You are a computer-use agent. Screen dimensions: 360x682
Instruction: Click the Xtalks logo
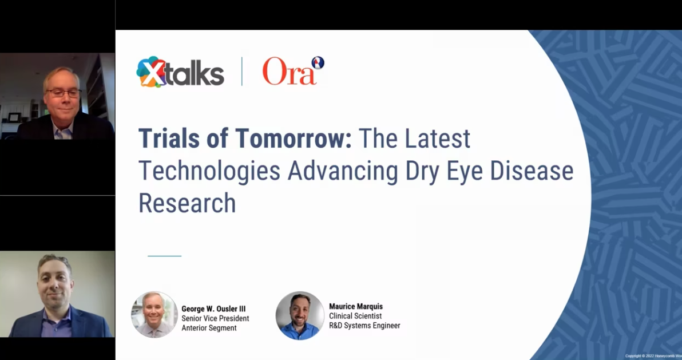[x=180, y=72]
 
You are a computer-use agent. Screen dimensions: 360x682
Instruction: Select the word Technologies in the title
[x=209, y=171]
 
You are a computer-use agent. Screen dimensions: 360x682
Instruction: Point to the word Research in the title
[x=187, y=203]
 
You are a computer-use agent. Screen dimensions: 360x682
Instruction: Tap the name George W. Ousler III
[x=213, y=309]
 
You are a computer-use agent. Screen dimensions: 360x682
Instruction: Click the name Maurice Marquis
[x=356, y=307]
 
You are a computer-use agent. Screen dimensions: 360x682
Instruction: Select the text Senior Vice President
[x=215, y=318]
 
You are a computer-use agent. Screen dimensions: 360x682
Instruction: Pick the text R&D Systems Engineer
[x=364, y=326]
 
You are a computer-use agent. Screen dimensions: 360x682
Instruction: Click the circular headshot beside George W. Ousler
[x=154, y=314]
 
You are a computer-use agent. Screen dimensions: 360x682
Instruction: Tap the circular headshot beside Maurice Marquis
[x=300, y=315]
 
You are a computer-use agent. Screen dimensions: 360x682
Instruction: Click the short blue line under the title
[x=164, y=256]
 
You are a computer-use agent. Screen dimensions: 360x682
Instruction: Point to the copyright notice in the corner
[x=653, y=356]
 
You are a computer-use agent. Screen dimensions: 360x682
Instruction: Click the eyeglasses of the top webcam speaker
[x=62, y=93]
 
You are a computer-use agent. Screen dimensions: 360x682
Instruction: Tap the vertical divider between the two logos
[x=241, y=72]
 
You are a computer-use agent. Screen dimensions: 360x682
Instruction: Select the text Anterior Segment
[x=209, y=328]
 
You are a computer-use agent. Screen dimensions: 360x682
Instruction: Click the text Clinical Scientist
[x=355, y=316]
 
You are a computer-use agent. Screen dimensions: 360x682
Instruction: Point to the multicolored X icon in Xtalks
[x=150, y=72]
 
